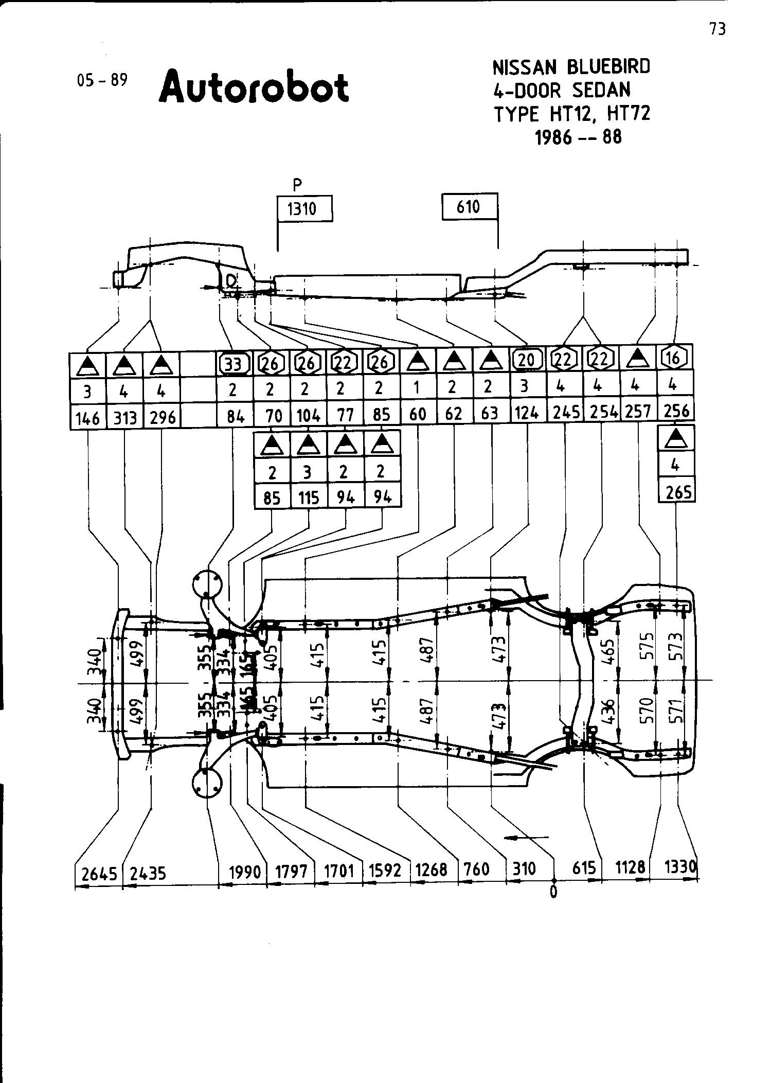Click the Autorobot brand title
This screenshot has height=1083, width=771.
coord(254,86)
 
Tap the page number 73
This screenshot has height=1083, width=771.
coord(718,30)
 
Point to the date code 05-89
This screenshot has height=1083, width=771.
coord(101,80)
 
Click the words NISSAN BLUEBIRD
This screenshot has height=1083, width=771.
coord(571,67)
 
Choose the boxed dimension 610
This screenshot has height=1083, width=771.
coord(469,207)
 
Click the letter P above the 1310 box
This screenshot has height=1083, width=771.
coord(296,184)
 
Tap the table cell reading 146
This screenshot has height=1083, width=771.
coord(87,418)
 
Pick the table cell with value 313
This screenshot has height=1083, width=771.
coord(125,418)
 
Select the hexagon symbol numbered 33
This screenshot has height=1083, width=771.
coord(234,364)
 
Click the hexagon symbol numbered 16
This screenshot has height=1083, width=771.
coord(674,357)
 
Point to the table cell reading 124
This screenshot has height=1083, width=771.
coord(527,414)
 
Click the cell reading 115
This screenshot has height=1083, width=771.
coord(309,498)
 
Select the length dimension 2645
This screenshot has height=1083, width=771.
coord(99,873)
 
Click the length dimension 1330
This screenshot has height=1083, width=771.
coord(680,867)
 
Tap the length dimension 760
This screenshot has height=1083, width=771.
coord(476,869)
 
